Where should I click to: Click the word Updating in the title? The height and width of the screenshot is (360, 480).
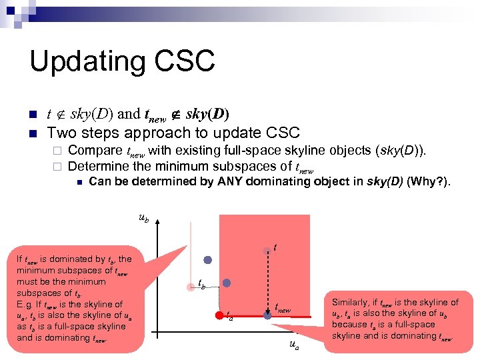click(x=83, y=62)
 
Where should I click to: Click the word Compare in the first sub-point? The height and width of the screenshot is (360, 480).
click(x=95, y=151)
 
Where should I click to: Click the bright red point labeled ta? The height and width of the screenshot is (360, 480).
click(x=218, y=314)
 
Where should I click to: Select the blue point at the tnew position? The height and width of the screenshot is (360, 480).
click(x=267, y=314)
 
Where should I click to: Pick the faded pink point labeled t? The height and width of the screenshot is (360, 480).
click(x=267, y=250)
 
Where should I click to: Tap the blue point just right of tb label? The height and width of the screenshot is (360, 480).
click(x=227, y=283)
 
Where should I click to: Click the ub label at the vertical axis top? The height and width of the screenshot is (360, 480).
click(x=143, y=217)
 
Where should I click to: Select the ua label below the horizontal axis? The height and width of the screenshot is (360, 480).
click(x=294, y=345)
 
